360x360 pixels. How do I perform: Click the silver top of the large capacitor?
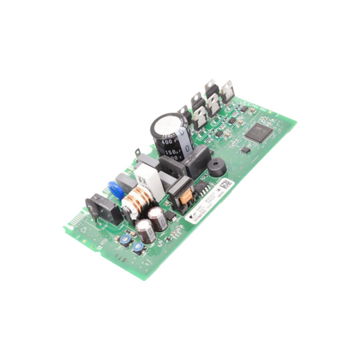[x=165, y=125]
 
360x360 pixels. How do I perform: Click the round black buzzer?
[x=217, y=168]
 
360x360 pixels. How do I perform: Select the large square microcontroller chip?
[x=258, y=132]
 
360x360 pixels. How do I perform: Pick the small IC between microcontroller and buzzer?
[x=245, y=150]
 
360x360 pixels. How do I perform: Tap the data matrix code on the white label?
[x=228, y=183]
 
